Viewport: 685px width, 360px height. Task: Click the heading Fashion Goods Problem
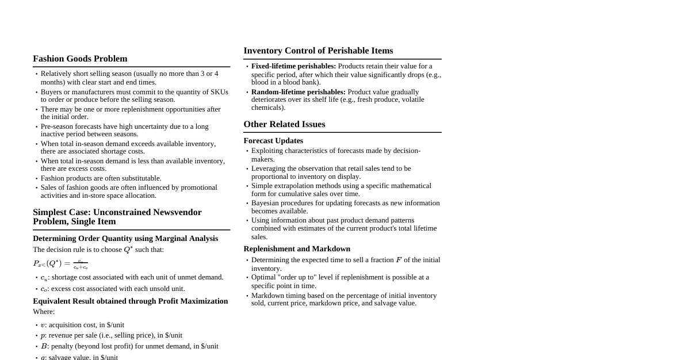80,59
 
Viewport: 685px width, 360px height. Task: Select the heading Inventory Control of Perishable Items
318,51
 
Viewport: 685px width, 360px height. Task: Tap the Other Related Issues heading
284,124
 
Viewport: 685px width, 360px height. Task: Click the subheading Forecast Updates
273,141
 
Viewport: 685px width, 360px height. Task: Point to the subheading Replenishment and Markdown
297,249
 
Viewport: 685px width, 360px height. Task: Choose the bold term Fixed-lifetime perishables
293,66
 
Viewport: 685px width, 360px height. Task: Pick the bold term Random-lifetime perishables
298,92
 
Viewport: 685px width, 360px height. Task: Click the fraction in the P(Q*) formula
81,264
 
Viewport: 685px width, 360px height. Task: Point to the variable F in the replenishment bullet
399,260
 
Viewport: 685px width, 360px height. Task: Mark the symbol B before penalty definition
44,346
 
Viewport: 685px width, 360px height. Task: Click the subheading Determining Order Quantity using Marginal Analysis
125,239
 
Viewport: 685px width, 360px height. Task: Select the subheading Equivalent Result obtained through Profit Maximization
130,301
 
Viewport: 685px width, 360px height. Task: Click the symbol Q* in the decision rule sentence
128,250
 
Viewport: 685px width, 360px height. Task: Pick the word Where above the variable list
44,312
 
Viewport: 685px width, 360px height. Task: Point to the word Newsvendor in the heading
176,212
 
